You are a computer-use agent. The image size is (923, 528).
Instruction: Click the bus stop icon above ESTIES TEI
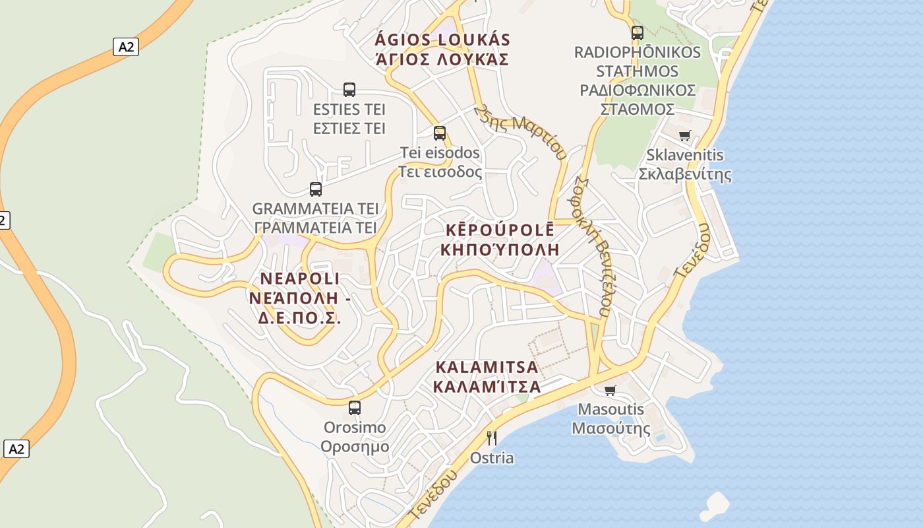349,89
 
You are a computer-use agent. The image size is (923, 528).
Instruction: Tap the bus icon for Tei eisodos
440,133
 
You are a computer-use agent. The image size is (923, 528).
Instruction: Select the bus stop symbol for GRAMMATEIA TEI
316,189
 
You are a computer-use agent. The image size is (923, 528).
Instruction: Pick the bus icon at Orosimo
355,407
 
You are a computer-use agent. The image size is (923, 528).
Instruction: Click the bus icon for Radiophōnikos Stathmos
637,32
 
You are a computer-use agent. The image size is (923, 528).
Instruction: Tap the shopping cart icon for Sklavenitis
684,135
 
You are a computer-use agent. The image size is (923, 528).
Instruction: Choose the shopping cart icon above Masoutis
610,390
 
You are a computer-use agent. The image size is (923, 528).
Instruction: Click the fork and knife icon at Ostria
491,438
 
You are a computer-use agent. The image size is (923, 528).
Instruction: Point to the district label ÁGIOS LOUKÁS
442,39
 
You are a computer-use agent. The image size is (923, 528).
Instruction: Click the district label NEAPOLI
300,278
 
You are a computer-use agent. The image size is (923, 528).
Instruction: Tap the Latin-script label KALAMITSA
487,367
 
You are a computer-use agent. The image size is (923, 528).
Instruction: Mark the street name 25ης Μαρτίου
521,132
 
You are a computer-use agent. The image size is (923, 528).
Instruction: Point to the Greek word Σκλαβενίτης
685,175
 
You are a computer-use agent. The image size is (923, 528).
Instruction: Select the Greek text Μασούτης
610,429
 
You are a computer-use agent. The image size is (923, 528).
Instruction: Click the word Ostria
492,458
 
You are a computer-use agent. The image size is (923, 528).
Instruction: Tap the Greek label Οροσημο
355,447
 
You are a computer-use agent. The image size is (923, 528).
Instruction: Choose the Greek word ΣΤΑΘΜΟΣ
637,109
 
